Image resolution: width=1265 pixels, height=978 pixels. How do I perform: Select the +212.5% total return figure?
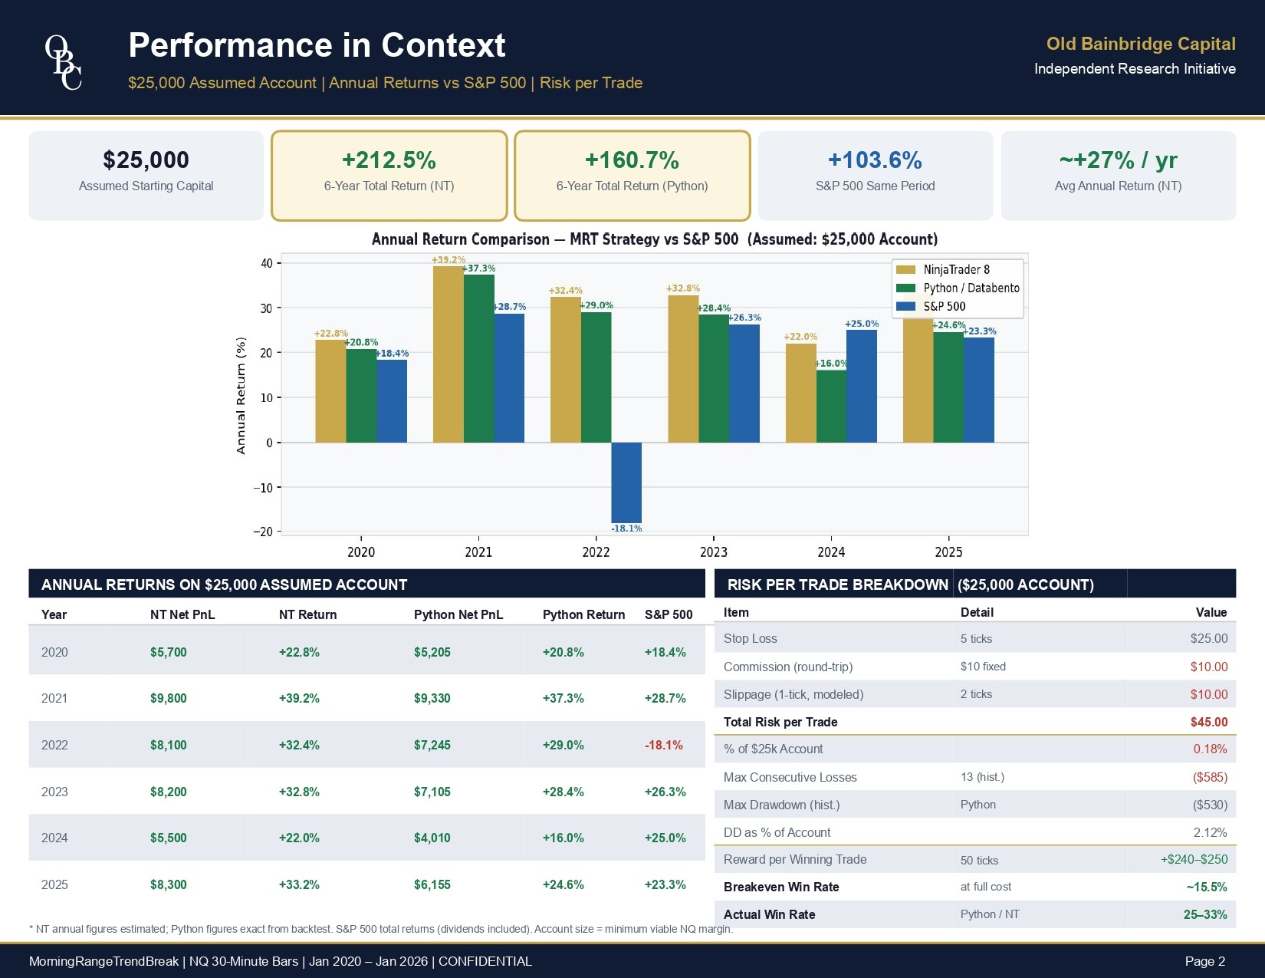click(x=389, y=160)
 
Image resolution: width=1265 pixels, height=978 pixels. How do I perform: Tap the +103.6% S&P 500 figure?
click(x=875, y=160)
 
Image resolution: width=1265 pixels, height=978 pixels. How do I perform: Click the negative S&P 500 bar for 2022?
click(x=626, y=482)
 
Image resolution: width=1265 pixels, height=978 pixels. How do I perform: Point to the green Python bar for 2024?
click(x=831, y=407)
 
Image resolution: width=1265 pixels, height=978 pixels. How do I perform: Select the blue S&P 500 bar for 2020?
click(x=392, y=401)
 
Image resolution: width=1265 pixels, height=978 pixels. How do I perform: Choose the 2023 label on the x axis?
click(x=713, y=552)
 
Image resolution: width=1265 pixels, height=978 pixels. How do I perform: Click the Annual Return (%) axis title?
click(x=242, y=396)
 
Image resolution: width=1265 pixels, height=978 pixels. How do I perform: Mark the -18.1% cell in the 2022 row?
click(x=664, y=746)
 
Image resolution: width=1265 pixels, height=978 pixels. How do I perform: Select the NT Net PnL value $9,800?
click(x=169, y=699)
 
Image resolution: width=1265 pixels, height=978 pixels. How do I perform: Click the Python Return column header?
click(x=583, y=615)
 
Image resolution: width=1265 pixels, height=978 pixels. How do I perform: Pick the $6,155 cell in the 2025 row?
click(x=432, y=885)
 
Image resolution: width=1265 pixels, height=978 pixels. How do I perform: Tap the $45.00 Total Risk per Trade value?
click(x=1208, y=723)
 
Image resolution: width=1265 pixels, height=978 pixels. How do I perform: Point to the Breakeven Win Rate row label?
click(x=781, y=887)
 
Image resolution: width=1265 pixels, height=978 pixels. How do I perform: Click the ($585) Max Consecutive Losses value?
click(x=1210, y=778)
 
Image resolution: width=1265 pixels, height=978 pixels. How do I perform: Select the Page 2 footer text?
click(x=1204, y=962)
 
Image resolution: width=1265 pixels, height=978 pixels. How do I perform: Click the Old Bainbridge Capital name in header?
click(x=1141, y=44)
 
